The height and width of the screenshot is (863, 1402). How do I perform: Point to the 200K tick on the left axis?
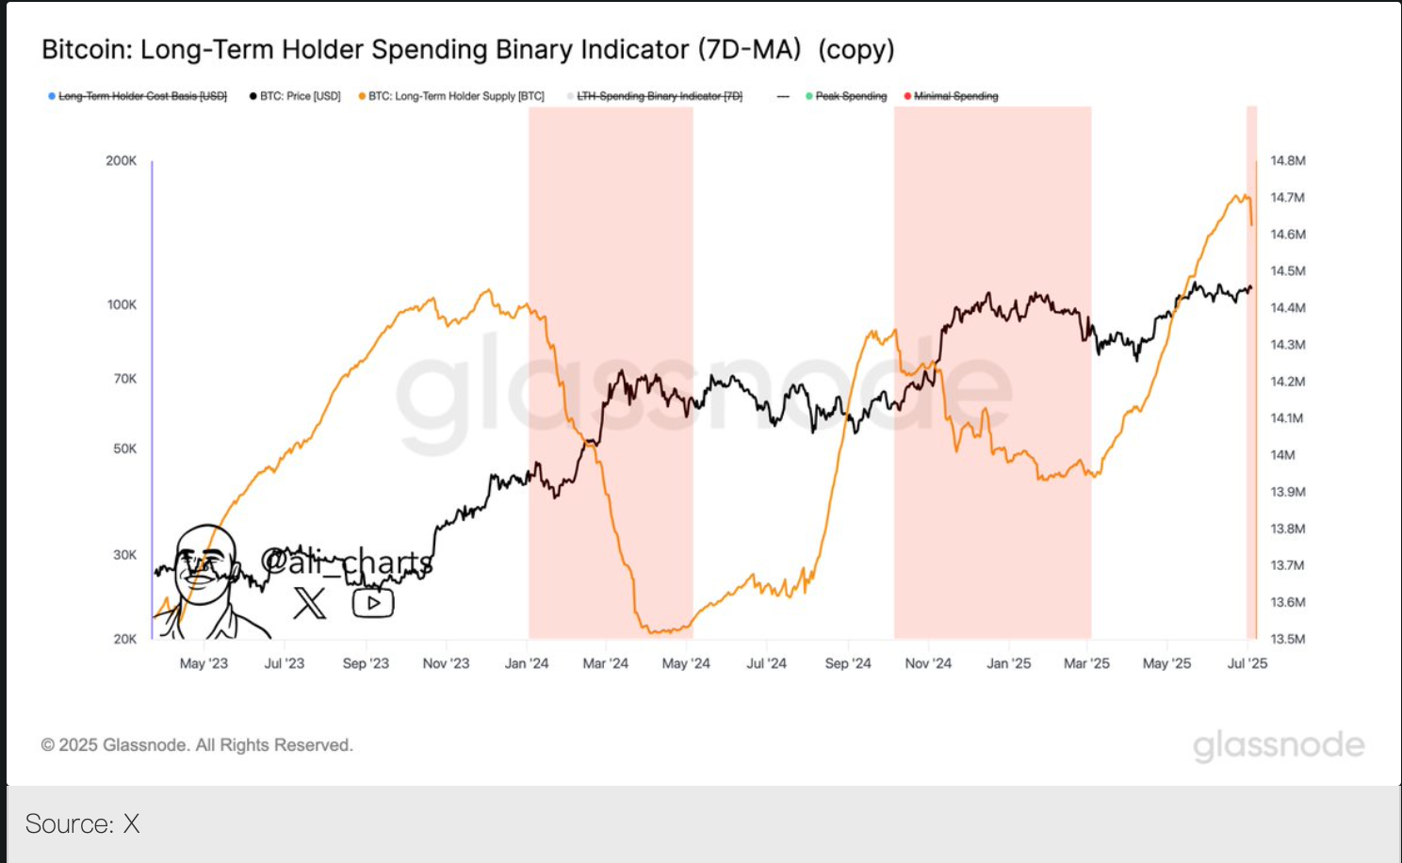(x=121, y=161)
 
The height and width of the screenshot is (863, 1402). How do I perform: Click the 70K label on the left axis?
(x=124, y=379)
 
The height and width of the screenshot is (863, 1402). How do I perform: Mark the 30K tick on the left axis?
(x=124, y=555)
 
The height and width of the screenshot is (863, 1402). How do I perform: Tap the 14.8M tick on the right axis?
(x=1288, y=161)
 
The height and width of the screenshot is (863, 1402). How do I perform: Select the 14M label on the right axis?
(x=1282, y=455)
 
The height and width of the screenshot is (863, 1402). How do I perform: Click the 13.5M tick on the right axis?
(x=1288, y=639)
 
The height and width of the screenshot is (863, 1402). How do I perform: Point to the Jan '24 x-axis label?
(x=527, y=663)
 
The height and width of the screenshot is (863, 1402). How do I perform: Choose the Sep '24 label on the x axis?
(x=848, y=663)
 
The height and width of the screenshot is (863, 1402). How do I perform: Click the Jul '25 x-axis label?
(x=1247, y=663)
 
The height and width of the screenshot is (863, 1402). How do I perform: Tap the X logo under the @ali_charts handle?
(x=309, y=603)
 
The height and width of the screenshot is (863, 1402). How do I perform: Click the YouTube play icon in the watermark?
(x=373, y=603)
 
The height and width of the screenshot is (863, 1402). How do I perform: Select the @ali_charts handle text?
(x=347, y=562)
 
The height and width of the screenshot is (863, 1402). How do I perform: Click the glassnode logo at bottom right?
(x=1279, y=745)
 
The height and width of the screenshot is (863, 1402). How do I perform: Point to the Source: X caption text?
(x=83, y=824)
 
